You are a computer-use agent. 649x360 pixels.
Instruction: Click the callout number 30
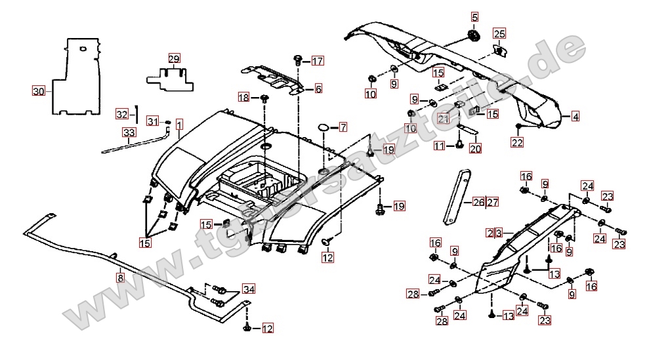point(38,91)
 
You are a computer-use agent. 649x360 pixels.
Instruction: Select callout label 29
point(173,58)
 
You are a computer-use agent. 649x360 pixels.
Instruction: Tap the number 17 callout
point(318,62)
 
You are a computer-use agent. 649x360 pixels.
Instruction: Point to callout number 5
point(474,16)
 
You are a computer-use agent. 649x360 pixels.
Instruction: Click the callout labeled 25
point(499,33)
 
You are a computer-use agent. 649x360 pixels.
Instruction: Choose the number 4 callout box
point(575,117)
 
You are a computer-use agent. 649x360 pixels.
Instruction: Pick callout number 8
point(120,277)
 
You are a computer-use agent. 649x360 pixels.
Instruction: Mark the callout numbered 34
point(249,289)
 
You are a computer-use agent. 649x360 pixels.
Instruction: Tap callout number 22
point(517,142)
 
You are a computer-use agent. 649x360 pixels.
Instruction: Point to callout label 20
point(474,148)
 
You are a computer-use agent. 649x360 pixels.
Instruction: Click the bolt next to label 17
point(297,60)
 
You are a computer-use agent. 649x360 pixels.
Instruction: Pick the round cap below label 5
point(472,35)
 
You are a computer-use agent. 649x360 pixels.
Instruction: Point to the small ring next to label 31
point(169,123)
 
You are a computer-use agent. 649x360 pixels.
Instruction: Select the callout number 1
point(179,123)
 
